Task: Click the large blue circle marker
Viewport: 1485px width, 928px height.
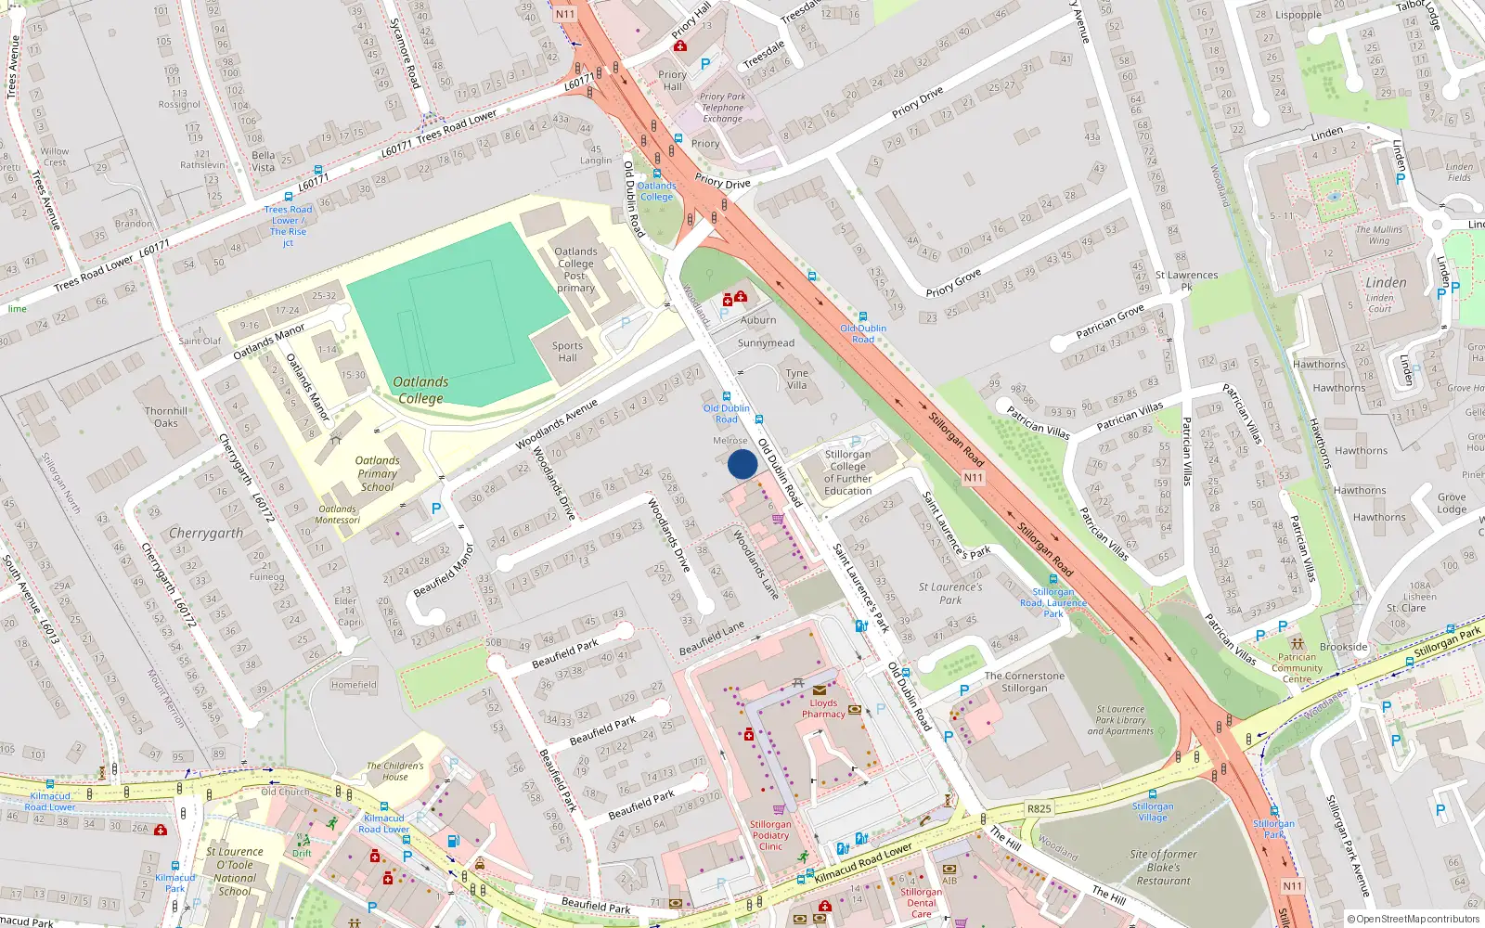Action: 742,464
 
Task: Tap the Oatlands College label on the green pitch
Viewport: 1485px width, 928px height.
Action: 420,390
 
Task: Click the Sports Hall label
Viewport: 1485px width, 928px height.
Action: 567,352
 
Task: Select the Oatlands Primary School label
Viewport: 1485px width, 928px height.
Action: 377,473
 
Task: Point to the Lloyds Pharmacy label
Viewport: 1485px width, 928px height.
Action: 823,708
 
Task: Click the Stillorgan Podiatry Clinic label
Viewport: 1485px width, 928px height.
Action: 770,835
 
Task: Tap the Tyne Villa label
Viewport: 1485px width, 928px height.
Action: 796,379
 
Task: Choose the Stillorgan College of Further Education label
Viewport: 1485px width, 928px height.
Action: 847,472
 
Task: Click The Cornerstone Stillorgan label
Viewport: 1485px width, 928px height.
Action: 1024,682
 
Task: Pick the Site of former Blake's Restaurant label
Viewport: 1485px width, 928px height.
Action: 1163,868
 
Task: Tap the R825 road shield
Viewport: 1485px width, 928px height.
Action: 1039,808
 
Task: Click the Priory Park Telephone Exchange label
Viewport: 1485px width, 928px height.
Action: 722,108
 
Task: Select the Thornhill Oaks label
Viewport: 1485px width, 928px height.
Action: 166,417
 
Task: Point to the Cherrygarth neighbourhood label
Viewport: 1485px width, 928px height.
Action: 206,534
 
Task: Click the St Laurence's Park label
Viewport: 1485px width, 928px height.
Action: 949,593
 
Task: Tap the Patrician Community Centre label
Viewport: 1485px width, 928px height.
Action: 1297,668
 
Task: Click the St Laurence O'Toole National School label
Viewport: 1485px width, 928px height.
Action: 235,871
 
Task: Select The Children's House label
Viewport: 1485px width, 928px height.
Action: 394,771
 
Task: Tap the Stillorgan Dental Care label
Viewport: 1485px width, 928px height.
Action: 921,903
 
